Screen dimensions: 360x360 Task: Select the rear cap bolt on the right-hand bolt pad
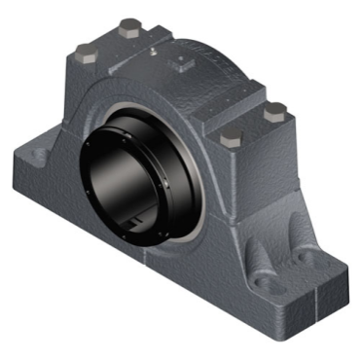click(276, 110)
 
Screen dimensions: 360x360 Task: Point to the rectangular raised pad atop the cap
click(181, 64)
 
